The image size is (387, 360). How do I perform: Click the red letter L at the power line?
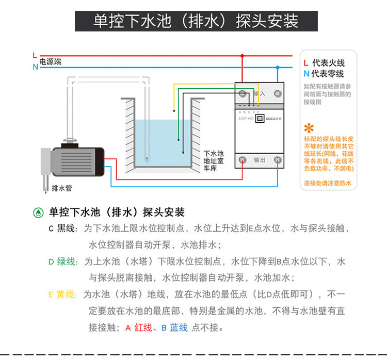(35, 54)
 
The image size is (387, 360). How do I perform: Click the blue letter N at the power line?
(35, 67)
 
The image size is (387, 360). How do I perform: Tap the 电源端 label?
(51, 61)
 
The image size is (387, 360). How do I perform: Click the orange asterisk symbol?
(309, 128)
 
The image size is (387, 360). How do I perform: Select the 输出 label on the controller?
(260, 160)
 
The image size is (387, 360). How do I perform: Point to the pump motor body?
(77, 160)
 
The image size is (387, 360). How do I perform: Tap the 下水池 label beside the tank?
(213, 154)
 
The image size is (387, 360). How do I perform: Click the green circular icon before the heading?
(38, 212)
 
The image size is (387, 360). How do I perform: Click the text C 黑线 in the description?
(62, 228)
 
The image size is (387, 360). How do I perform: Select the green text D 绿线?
(63, 261)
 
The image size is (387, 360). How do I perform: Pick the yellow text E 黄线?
(62, 294)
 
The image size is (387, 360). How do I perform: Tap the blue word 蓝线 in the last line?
(179, 328)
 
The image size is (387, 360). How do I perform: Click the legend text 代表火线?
(328, 63)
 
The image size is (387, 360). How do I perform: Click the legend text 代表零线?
(328, 74)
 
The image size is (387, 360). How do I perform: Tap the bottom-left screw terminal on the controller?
(242, 160)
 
